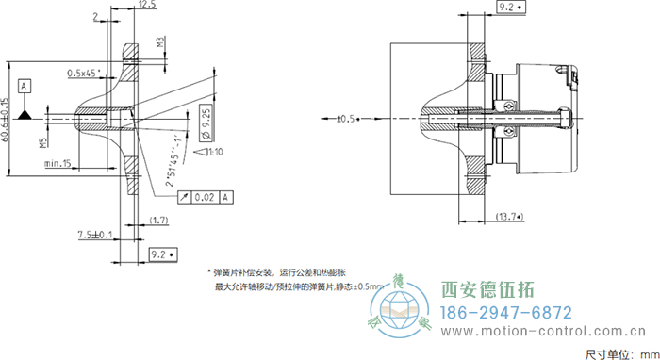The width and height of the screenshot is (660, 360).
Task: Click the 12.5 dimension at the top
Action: click(x=146, y=6)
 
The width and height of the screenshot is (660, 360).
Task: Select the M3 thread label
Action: click(x=161, y=42)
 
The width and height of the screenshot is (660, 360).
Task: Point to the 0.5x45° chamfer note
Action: click(x=87, y=73)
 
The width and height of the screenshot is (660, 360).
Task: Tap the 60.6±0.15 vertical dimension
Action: click(x=6, y=122)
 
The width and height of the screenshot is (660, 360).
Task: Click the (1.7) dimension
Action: click(x=159, y=220)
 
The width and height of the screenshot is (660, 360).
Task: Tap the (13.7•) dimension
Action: click(x=510, y=219)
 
